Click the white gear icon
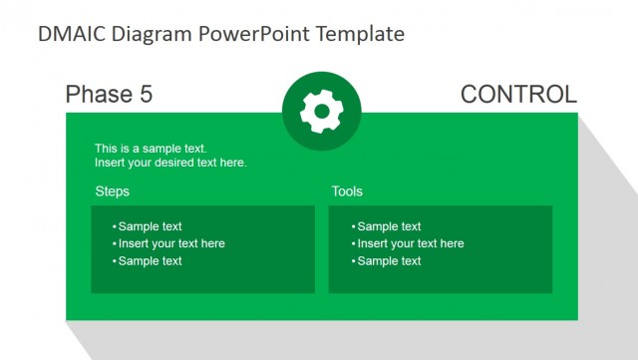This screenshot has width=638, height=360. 321,113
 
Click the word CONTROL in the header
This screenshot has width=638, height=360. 518,95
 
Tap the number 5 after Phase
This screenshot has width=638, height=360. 146,95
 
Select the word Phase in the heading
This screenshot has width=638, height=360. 97,95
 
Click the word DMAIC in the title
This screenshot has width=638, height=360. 70,34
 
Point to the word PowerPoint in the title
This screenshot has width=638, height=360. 256,34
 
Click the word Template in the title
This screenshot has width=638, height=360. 360,34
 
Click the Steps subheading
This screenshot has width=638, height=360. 112,191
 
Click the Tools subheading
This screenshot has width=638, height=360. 347,191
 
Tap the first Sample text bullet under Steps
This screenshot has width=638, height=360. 150,226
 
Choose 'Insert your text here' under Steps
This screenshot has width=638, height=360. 170,243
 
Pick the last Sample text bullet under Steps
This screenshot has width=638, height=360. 150,261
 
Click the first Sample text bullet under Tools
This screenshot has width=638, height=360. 389,226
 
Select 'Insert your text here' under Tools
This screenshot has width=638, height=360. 410,243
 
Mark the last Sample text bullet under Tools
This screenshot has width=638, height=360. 389,261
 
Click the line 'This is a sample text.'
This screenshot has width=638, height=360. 151,149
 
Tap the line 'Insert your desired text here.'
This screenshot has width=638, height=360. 170,163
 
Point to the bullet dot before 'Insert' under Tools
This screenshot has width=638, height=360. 353,244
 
